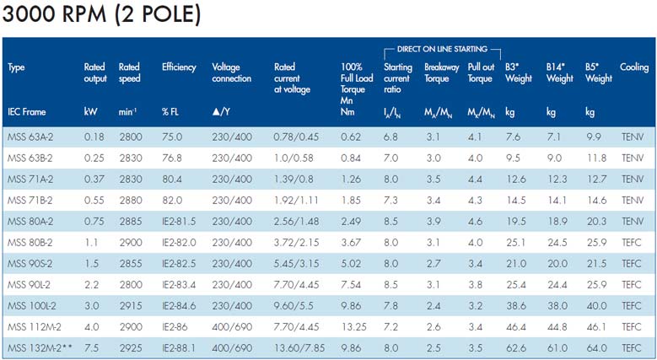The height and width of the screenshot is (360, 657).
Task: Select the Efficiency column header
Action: coord(179,67)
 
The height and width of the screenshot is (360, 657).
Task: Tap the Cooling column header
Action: coord(634,67)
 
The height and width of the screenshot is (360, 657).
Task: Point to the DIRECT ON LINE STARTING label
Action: coord(442,51)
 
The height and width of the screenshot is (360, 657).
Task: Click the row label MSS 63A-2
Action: coord(29,137)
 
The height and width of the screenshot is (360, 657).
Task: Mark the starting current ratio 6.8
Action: coord(390,137)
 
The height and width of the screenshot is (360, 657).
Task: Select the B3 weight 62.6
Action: coord(515,347)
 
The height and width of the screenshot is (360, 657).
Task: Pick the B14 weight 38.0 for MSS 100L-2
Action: coord(557,305)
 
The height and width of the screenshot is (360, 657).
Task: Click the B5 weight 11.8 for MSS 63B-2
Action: coord(596,159)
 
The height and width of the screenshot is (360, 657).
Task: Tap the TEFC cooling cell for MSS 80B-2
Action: coord(633,243)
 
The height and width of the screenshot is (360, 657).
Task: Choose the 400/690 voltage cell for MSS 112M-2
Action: coord(231,326)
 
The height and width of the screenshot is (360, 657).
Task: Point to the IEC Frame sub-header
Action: coord(26,110)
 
